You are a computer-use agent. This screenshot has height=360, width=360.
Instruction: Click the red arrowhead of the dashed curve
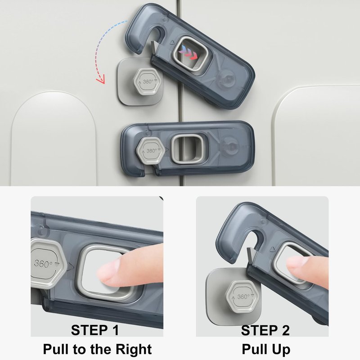(101, 81)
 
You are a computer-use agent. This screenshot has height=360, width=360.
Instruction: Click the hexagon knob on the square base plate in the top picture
(147, 81)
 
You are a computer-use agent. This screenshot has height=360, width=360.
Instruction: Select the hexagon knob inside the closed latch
(151, 150)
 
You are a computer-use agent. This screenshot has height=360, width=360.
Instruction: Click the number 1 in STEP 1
(114, 330)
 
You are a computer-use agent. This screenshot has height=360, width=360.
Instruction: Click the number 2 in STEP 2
(285, 330)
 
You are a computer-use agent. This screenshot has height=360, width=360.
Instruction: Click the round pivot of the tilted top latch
(227, 79)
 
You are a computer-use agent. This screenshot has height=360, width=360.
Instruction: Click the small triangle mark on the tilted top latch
(172, 42)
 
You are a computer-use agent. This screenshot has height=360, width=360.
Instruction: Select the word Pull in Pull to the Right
(56, 350)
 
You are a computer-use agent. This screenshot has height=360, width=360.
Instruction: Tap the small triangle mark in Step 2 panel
(273, 249)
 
